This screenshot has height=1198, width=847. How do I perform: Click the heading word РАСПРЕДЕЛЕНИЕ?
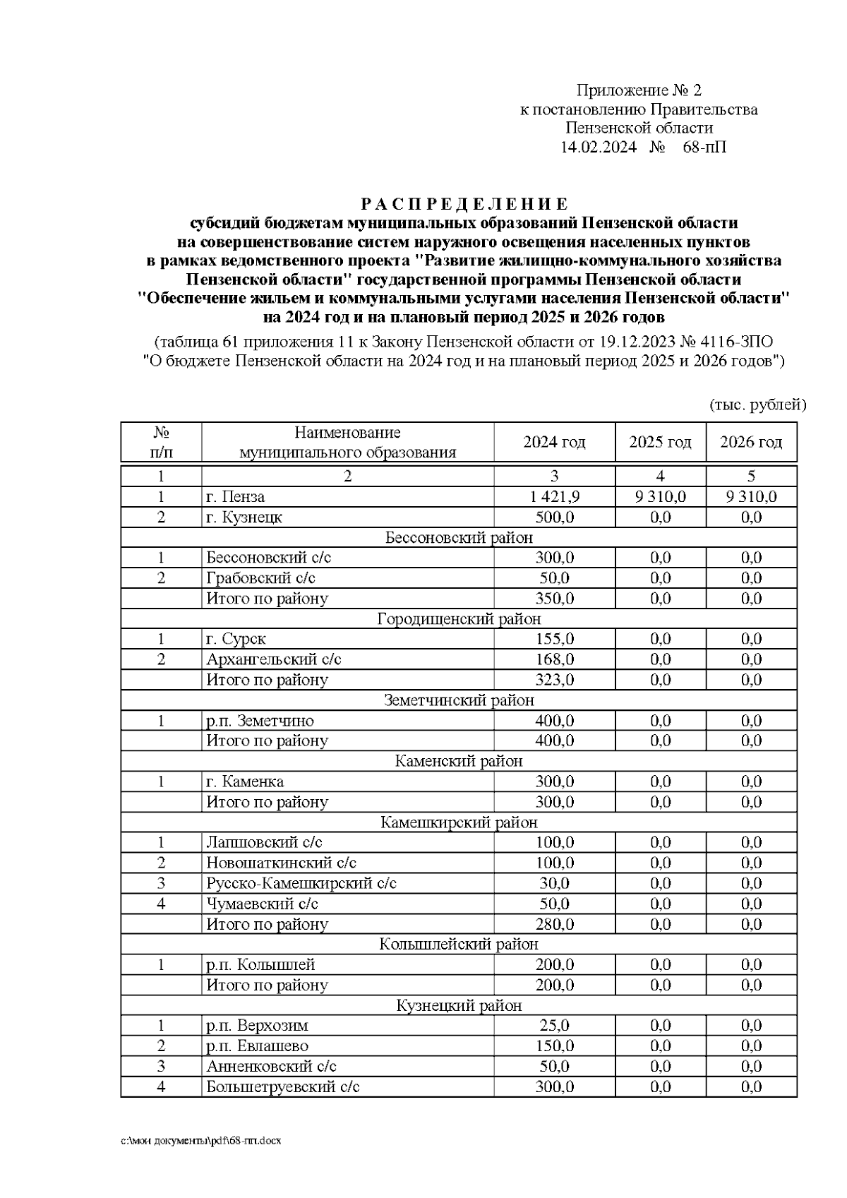pos(464,205)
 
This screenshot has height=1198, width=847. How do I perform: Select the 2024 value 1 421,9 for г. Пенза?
pos(554,497)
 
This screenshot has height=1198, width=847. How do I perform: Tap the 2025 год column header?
pos(660,443)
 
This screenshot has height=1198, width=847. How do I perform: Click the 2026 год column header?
pos(751,443)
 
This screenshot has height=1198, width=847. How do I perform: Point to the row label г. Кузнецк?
pos(244,517)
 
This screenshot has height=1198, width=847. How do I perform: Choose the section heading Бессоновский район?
pos(459,538)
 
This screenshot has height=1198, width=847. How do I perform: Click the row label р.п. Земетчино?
pos(260,721)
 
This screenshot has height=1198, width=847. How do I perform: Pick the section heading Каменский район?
pos(459,761)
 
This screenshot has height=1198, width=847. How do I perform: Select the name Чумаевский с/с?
pos(262,904)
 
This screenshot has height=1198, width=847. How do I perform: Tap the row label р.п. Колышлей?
pos(260,964)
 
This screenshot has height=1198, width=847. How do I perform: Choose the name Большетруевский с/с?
pos(283,1086)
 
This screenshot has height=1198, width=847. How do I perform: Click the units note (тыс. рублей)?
pos(757,405)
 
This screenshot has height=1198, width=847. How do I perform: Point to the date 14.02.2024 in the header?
pos(598,148)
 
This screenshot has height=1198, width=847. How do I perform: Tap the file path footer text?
pos(200,1141)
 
